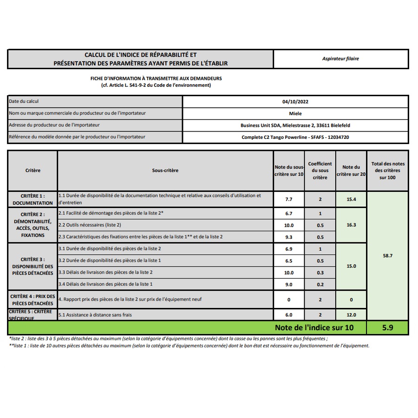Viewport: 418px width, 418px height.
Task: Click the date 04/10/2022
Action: pyautogui.click(x=295, y=101)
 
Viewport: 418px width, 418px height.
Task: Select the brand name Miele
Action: pyautogui.click(x=295, y=113)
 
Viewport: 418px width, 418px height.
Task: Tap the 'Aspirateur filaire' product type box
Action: pyautogui.click(x=340, y=59)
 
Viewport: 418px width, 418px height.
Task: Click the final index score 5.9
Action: pyautogui.click(x=387, y=327)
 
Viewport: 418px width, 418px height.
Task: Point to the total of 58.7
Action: pyautogui.click(x=387, y=255)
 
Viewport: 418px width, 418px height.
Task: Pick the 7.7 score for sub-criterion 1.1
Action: pyautogui.click(x=288, y=199)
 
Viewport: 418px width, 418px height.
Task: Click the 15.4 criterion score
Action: pyautogui.click(x=351, y=199)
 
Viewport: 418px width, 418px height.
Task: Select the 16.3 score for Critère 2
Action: pyautogui.click(x=351, y=225)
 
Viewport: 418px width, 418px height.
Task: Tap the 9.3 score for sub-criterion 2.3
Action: pyautogui.click(x=288, y=237)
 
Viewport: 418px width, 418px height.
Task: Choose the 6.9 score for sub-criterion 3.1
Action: pyautogui.click(x=288, y=249)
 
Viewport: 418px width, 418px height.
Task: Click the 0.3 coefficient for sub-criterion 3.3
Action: pyautogui.click(x=320, y=273)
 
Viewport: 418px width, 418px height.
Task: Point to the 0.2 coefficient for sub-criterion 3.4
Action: pyautogui.click(x=320, y=284)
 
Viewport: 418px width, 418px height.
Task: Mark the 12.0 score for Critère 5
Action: pyautogui.click(x=351, y=315)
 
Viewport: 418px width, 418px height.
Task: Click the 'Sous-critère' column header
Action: pyautogui.click(x=165, y=170)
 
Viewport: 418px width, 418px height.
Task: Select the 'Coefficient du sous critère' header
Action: pyautogui.click(x=320, y=170)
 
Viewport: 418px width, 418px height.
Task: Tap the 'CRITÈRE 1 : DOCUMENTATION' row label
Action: pyautogui.click(x=33, y=199)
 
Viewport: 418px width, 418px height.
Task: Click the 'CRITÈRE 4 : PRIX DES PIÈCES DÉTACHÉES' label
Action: pyautogui.click(x=33, y=300)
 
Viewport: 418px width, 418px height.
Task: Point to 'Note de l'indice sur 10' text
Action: pyautogui.click(x=314, y=327)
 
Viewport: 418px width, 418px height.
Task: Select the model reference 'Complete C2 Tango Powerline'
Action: pyautogui.click(x=274, y=137)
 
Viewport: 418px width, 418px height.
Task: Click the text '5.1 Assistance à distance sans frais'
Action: pyautogui.click(x=95, y=315)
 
